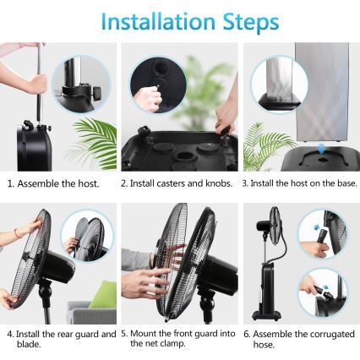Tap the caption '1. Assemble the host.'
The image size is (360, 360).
click(53, 183)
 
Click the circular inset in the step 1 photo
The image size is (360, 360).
click(81, 87)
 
